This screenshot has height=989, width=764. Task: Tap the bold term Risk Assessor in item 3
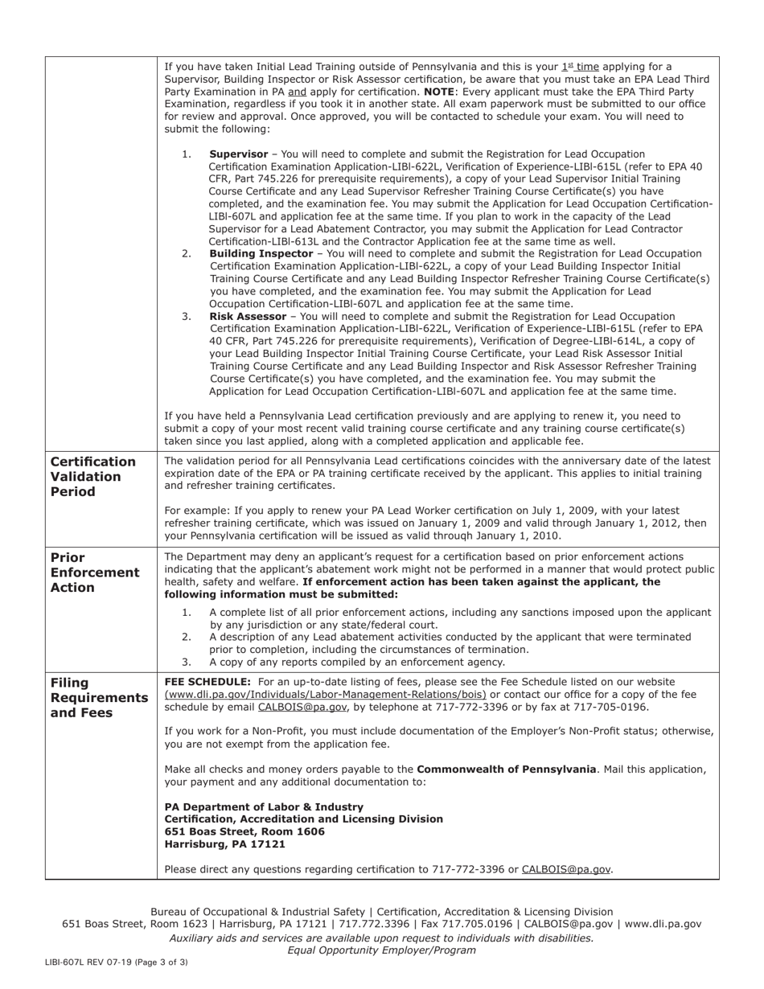point(247,316)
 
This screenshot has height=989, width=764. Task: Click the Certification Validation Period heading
point(93,476)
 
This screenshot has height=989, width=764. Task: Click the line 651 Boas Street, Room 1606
point(244,831)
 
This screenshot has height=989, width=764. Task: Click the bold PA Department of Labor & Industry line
point(264,806)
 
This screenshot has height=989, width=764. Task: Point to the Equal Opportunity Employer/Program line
point(381,950)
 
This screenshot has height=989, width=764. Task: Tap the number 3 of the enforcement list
point(187,662)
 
